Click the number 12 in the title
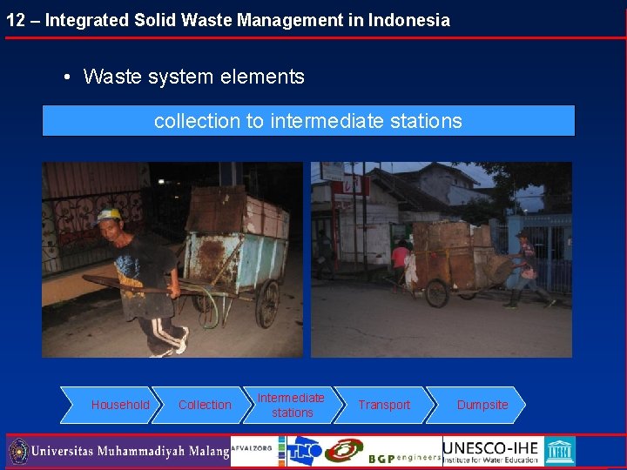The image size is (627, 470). pos(15,20)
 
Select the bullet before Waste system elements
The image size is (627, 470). pos(67,77)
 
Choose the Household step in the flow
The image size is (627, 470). pos(120,405)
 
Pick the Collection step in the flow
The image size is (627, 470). pos(205,405)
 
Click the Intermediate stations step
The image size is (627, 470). pos(292,405)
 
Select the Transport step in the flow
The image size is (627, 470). pos(384,405)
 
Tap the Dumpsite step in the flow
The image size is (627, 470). pos(482,405)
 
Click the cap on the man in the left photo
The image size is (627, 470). pos(108,214)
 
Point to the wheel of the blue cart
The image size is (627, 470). pos(266,304)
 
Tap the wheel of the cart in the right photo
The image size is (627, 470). pos(438,293)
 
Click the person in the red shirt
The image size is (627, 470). pos(401,258)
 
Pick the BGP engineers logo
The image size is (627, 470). pos(403,455)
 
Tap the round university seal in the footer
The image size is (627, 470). pos(17,452)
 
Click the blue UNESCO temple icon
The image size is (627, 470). pos(560,451)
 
